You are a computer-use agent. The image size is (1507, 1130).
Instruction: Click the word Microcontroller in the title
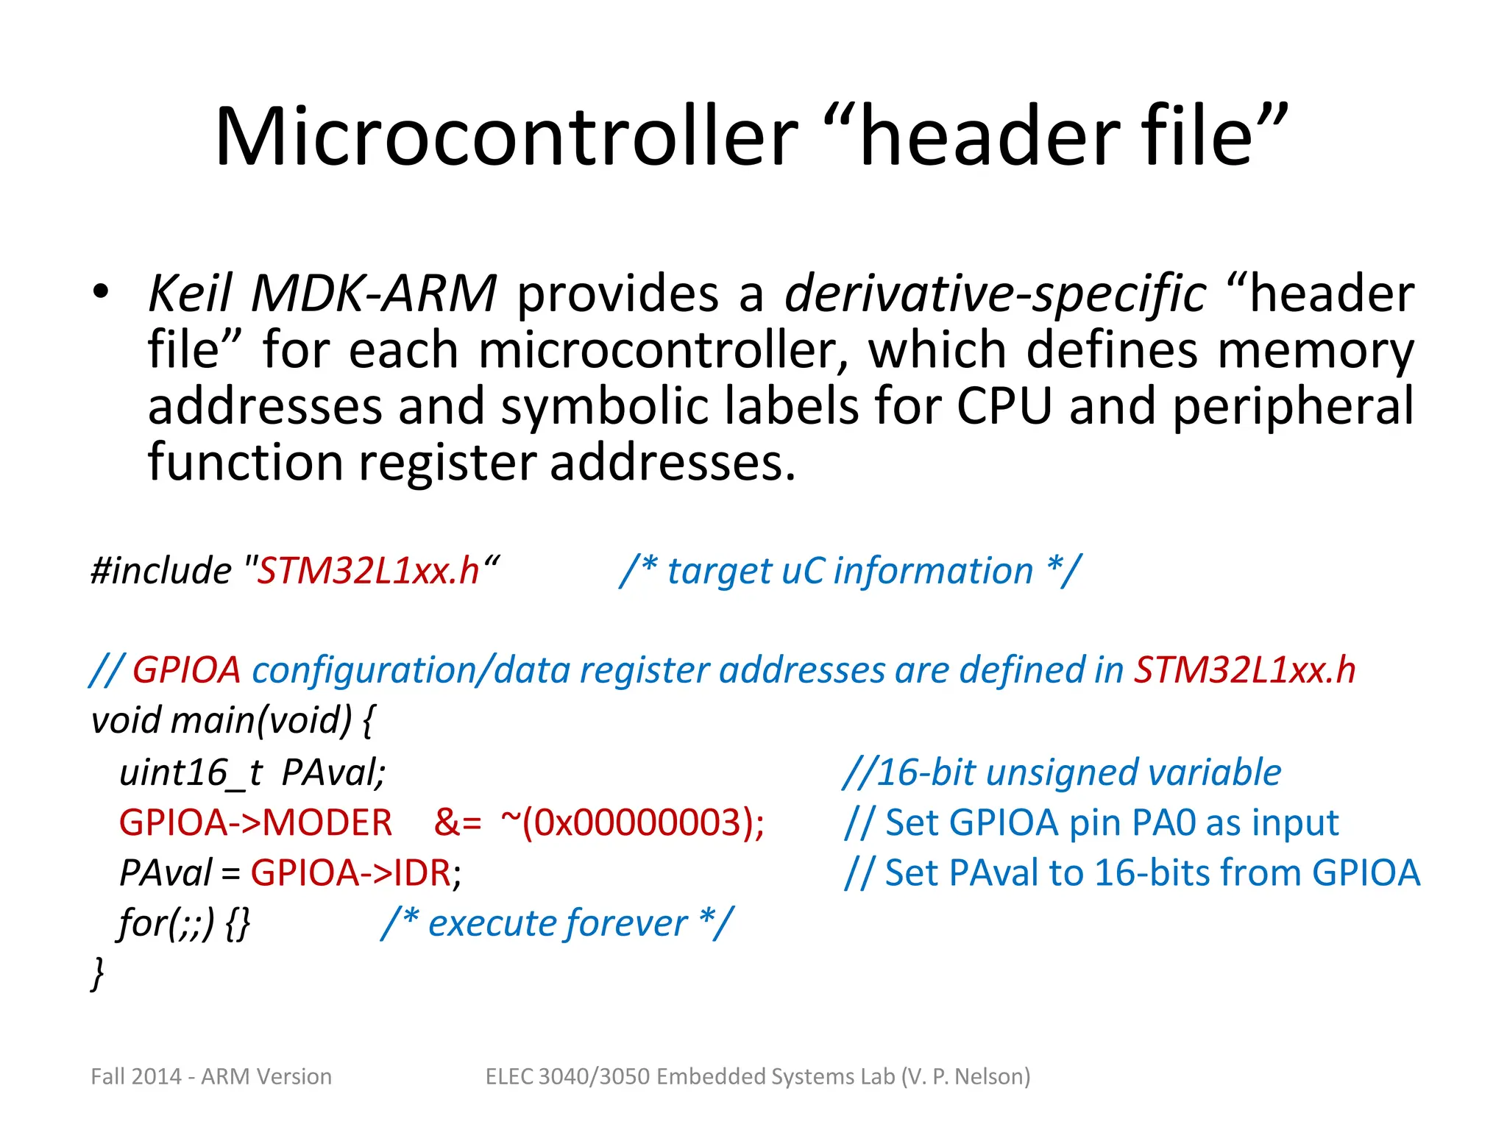coord(506,138)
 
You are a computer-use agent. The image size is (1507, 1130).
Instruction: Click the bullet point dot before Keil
coord(101,291)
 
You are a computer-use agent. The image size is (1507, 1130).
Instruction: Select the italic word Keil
coord(190,294)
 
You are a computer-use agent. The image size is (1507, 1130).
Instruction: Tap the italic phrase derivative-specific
coord(995,294)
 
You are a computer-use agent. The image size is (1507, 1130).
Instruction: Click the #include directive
coord(161,571)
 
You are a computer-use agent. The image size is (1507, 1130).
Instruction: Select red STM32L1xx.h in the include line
coord(367,571)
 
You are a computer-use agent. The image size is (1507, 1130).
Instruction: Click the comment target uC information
coord(850,571)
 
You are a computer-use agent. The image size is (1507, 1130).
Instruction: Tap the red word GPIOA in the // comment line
coord(186,670)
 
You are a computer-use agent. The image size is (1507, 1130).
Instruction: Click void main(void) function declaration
coord(233,720)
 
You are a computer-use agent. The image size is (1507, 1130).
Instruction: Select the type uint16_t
coord(191,773)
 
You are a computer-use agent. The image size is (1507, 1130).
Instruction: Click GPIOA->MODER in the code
coord(255,823)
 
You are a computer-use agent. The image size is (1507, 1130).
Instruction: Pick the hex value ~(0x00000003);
coord(632,823)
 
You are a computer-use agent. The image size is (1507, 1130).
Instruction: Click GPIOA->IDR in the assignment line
coord(350,873)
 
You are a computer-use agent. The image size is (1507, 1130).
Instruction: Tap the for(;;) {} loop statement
coord(185,923)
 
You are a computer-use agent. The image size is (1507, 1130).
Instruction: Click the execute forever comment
coord(557,923)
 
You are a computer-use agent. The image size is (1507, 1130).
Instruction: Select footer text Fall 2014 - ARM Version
coord(211,1076)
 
